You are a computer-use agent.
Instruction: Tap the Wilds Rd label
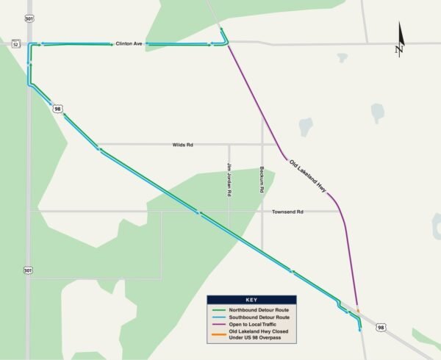pos(182,145)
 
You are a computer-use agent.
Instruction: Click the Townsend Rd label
pos(289,212)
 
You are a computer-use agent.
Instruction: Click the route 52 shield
pos(15,44)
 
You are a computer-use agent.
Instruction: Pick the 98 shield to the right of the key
pos(380,328)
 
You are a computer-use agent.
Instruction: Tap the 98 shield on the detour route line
pos(57,109)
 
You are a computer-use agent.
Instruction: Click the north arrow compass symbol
pos(400,40)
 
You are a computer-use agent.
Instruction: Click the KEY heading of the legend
pos(251,300)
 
